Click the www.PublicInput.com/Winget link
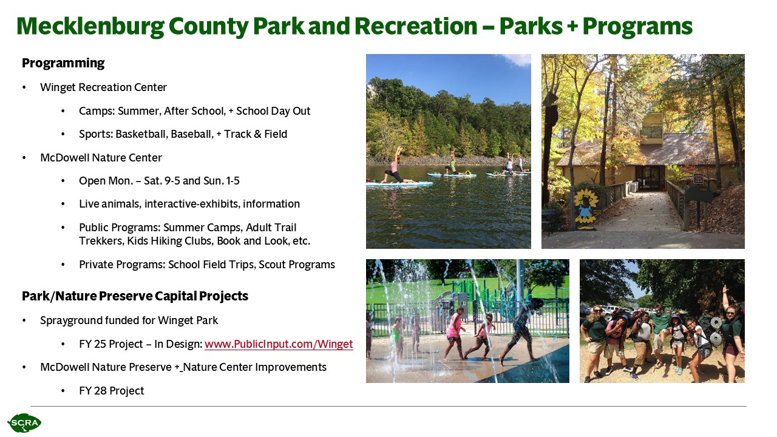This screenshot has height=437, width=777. click(279, 344)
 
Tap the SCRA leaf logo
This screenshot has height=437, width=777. click(24, 423)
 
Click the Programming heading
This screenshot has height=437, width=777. click(63, 64)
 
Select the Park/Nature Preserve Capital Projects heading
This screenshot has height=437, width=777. click(135, 296)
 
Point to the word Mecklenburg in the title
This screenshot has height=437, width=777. click(90, 27)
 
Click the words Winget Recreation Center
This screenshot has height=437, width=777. click(103, 87)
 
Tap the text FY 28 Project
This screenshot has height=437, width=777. click(111, 390)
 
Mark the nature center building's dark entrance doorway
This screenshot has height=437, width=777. click(648, 177)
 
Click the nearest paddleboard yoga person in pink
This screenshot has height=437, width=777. click(395, 166)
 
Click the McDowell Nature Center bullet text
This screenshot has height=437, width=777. click(101, 157)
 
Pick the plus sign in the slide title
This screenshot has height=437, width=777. click(572, 26)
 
